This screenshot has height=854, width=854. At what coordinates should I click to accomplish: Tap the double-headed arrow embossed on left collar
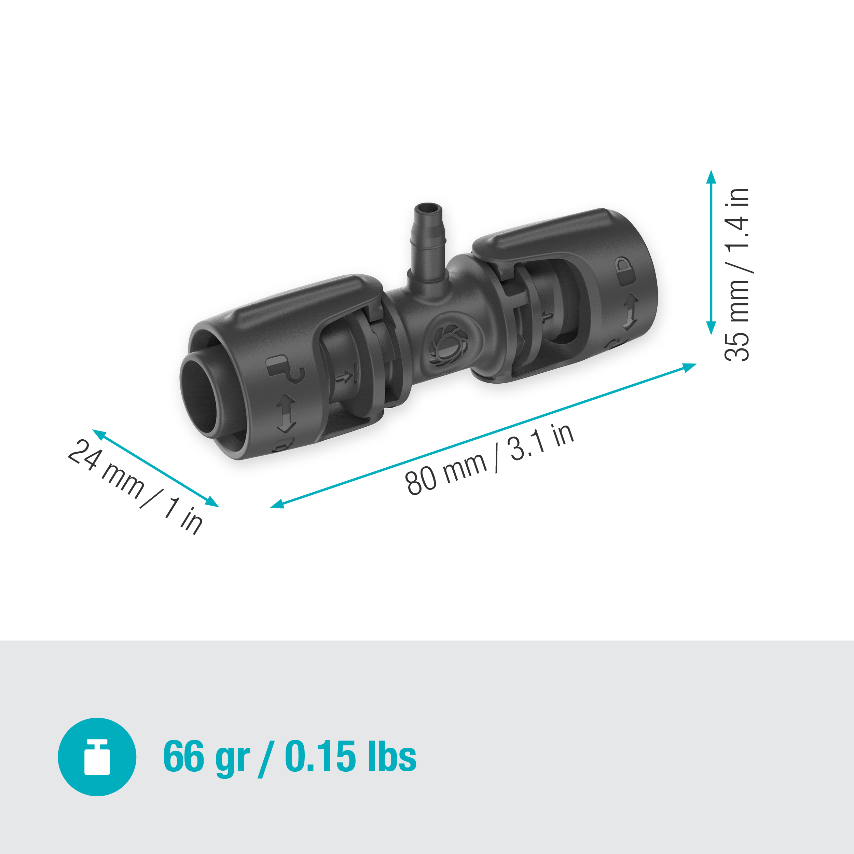(286, 413)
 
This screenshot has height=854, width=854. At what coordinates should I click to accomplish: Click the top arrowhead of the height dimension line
(711, 177)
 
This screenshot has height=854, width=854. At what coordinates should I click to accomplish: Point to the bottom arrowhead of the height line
(711, 328)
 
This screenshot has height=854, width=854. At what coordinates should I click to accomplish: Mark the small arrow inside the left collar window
(345, 377)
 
